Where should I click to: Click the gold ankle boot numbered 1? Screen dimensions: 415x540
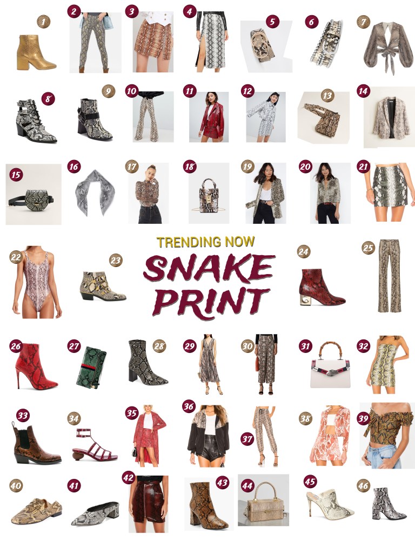[x=36, y=52]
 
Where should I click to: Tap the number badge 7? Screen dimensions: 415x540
[x=363, y=22]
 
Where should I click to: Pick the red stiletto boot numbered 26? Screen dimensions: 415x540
[x=36, y=366]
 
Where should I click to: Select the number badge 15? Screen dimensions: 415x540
[x=16, y=175]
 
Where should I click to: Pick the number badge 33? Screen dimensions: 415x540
[x=22, y=416]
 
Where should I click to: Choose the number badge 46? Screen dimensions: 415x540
[x=363, y=485]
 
